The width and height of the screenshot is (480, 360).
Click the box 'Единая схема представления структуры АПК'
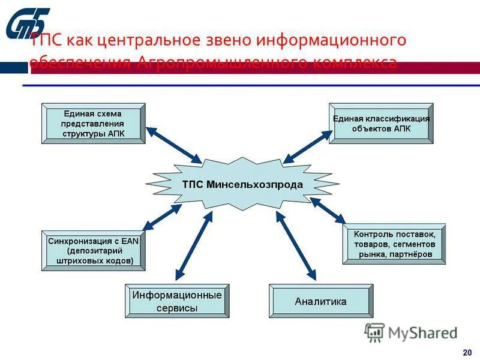(x=93, y=124)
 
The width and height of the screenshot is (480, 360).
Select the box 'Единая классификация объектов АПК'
(x=381, y=124)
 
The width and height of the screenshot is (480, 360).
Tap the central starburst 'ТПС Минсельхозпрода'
(x=242, y=184)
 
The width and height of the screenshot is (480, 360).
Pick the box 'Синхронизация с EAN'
(x=93, y=250)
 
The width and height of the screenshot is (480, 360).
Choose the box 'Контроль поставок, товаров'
(x=395, y=244)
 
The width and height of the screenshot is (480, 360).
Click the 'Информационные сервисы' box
(x=177, y=301)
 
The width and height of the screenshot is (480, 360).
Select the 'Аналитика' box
(x=320, y=301)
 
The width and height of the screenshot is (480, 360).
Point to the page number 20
(x=467, y=352)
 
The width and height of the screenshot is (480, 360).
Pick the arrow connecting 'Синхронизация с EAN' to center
(x=162, y=217)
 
